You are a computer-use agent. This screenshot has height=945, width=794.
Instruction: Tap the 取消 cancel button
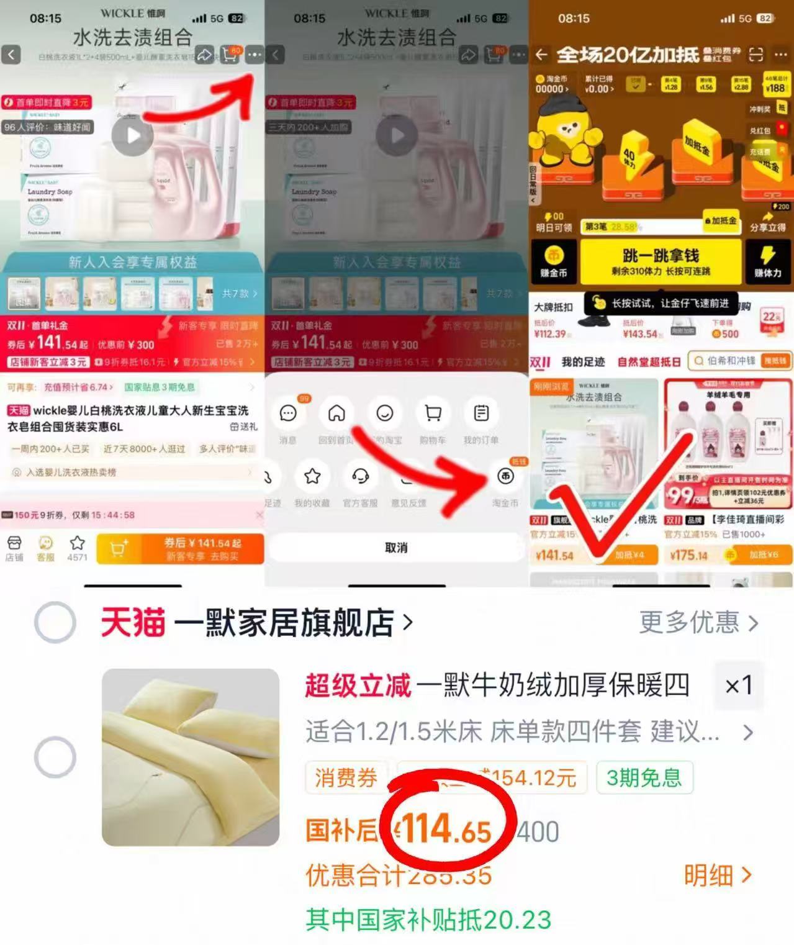pos(396,548)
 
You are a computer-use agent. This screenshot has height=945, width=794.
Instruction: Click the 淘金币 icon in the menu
pos(505,477)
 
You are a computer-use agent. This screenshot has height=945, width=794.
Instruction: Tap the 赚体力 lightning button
pos(767,261)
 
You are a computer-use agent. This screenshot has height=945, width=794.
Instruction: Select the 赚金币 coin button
pos(553,261)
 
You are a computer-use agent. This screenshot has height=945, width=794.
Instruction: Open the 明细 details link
pos(718,875)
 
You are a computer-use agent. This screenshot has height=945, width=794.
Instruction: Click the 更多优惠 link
pos(698,622)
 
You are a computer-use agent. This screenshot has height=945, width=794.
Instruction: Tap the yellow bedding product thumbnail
pos(191,757)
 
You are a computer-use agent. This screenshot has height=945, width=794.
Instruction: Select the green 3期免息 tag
pos(644,777)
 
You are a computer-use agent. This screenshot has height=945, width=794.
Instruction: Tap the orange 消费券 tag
pos(346,777)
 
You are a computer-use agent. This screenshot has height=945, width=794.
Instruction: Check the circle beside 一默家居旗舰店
pos(55,622)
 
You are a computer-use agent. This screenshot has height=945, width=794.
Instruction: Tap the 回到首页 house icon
pos(336,414)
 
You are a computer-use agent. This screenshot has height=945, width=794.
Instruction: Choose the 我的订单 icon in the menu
pos(481,414)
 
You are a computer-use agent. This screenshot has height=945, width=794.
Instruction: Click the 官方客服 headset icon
pos(360,477)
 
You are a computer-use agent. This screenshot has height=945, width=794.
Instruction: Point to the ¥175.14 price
pos(689,555)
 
